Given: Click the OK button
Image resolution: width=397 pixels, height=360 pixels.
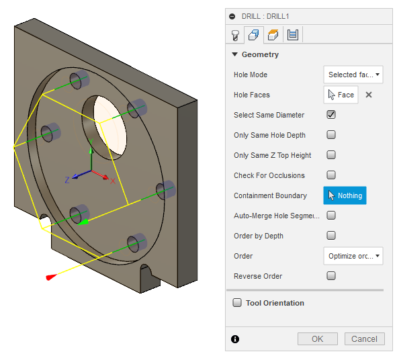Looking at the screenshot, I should coord(318,339).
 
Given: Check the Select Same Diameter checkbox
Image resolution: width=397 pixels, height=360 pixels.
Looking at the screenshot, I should coord(331,115).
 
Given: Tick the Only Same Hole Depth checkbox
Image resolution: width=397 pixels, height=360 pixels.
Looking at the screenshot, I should coord(331,135).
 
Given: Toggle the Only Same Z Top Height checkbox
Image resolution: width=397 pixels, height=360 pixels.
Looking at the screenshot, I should coord(331,155).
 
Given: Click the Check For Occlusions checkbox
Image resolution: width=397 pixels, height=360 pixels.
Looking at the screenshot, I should coord(331,175).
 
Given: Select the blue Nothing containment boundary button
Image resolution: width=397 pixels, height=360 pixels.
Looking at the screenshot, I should coord(345,195).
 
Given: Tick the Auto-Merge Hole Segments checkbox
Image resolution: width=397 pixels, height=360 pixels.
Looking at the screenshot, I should coord(331,216).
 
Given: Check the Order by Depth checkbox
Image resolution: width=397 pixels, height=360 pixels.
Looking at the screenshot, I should coord(331,236).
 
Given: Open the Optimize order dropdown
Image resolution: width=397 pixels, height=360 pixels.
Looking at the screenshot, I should coord(353,256).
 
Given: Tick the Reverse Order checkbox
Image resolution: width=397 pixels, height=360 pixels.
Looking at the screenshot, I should coord(331,276).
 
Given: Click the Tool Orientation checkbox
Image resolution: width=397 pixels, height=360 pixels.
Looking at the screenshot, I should coord(237,303).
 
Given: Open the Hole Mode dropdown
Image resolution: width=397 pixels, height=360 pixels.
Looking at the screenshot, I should coord(353,75).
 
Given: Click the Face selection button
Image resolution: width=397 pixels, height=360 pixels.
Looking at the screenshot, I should coord(341,95).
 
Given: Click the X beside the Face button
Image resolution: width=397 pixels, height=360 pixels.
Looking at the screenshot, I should coord(368,95).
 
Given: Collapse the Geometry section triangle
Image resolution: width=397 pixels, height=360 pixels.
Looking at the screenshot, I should coord(234,54).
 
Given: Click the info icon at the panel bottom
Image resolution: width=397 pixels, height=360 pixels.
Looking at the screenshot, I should coord(234,339).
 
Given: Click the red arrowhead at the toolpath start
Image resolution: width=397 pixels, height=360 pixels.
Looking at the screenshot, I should coord(49,277).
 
